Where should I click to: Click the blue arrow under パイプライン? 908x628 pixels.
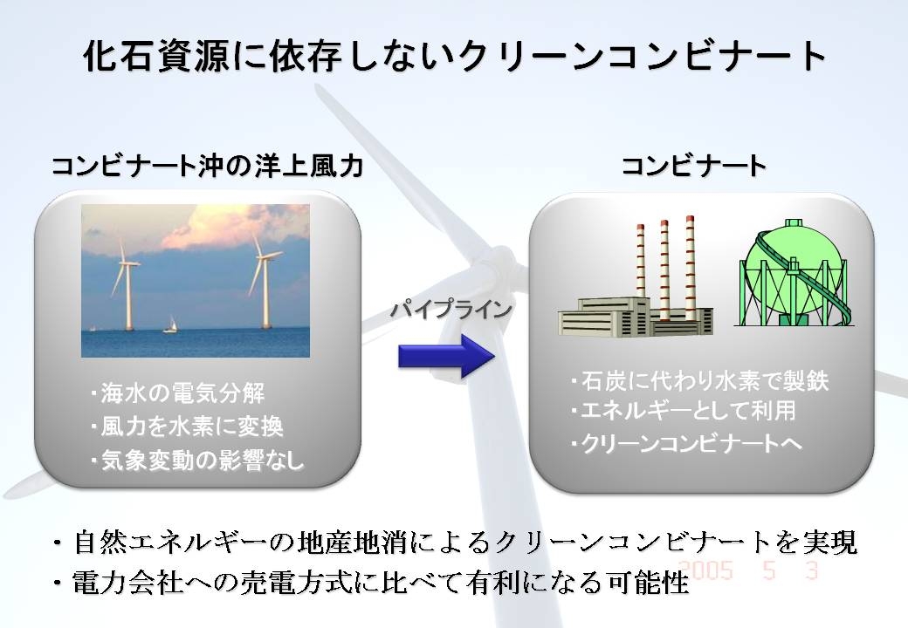(x=446, y=356)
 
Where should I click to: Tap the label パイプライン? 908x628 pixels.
(x=451, y=310)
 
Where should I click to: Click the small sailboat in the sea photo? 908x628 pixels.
(x=170, y=324)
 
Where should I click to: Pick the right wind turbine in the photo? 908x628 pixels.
(x=264, y=282)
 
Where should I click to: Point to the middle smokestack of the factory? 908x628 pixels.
(x=664, y=270)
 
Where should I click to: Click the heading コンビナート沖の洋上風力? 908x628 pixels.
(x=208, y=166)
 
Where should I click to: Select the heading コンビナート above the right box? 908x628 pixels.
(x=694, y=166)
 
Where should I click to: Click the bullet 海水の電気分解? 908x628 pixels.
(x=178, y=393)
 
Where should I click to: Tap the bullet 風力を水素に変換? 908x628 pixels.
(x=187, y=427)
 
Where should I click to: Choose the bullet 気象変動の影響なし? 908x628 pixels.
(x=197, y=461)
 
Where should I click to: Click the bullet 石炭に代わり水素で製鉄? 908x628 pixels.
(x=699, y=380)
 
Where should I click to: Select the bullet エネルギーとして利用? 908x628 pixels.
(x=684, y=411)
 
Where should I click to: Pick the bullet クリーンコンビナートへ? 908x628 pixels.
(x=686, y=444)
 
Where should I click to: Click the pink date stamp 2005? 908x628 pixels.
(x=705, y=570)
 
